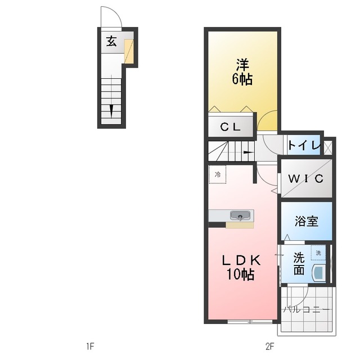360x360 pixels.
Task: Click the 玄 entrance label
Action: click(111, 42)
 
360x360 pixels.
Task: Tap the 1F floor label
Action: click(90, 346)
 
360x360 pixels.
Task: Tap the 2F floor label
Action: click(270, 346)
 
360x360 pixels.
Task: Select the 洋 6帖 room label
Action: click(242, 72)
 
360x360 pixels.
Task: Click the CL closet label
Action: click(230, 127)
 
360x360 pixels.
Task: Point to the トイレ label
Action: click(304, 145)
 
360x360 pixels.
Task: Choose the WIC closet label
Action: click(306, 178)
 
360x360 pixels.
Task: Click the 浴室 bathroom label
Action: click(307, 221)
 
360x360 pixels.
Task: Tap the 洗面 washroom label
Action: click(299, 264)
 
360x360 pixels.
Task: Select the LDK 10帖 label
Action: click(241, 267)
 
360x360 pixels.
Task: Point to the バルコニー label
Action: click(307, 310)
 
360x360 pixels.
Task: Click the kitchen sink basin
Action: click(240, 215)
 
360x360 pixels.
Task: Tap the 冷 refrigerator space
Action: click(218, 174)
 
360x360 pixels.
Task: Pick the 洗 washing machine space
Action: click(318, 253)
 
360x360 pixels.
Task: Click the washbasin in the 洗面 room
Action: click(319, 273)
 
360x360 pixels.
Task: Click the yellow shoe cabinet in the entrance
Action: click(129, 51)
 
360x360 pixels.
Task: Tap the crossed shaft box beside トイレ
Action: click(328, 147)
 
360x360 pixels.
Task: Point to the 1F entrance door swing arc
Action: click(116, 12)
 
